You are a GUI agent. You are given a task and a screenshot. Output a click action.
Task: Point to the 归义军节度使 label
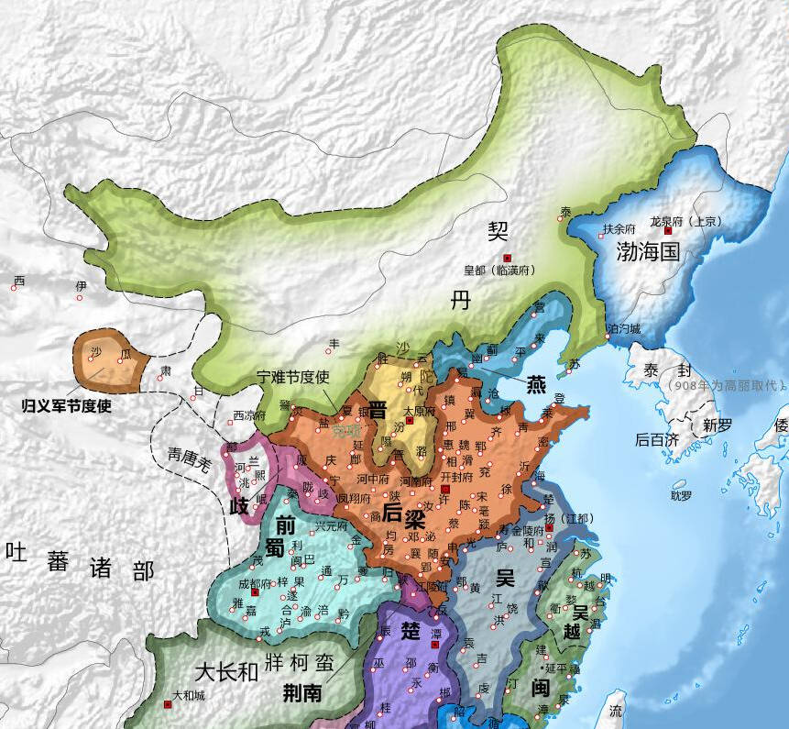click(67, 404)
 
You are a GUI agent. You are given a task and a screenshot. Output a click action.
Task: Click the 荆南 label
click(301, 693)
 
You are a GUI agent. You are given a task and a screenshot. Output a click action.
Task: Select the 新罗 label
click(718, 425)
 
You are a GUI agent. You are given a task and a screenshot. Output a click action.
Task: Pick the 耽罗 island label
click(681, 496)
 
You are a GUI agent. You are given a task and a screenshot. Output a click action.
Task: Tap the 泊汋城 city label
click(624, 328)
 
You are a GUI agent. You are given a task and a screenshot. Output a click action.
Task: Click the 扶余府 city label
click(619, 229)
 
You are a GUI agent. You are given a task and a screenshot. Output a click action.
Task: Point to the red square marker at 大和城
click(168, 705)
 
